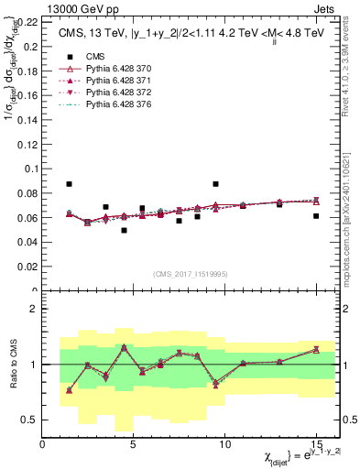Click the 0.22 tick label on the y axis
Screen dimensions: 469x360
[x=27, y=22]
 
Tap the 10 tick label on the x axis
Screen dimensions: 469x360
[x=224, y=444]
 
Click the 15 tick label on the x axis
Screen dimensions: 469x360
[x=315, y=444]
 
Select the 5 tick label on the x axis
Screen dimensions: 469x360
[x=134, y=444]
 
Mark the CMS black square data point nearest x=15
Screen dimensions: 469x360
[x=315, y=216]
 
